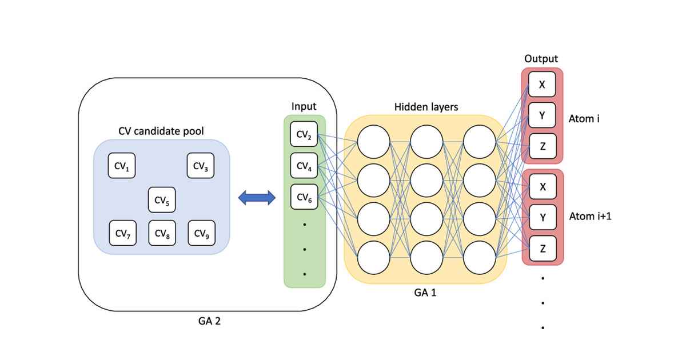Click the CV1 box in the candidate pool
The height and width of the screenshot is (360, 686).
pyautogui.click(x=122, y=166)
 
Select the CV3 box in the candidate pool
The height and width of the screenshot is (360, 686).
pyautogui.click(x=201, y=166)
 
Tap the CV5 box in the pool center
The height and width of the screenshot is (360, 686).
pyautogui.click(x=162, y=200)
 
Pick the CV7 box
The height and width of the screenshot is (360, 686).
pyautogui.click(x=122, y=233)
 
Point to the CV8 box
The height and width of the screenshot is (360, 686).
pyautogui.click(x=162, y=233)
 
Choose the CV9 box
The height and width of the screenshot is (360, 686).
pyautogui.click(x=201, y=233)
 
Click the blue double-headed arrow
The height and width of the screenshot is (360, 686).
pyautogui.click(x=257, y=198)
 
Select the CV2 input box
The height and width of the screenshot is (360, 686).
pyautogui.click(x=304, y=135)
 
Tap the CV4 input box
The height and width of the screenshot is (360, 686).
pyautogui.click(x=304, y=166)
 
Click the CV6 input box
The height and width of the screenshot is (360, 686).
pyautogui.click(x=304, y=198)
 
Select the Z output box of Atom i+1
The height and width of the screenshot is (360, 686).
pyautogui.click(x=542, y=249)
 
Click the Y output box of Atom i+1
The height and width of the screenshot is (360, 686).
pyautogui.click(x=542, y=217)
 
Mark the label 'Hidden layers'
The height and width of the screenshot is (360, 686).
pyautogui.click(x=426, y=107)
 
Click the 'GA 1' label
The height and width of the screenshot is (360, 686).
pyautogui.click(x=425, y=293)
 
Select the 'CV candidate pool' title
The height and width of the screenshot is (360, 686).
pyautogui.click(x=161, y=131)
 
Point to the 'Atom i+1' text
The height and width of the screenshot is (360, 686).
pyautogui.click(x=590, y=217)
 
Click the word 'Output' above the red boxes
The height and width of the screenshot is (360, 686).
pyautogui.click(x=541, y=59)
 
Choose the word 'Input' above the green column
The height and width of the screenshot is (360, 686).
pyautogui.click(x=304, y=106)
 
